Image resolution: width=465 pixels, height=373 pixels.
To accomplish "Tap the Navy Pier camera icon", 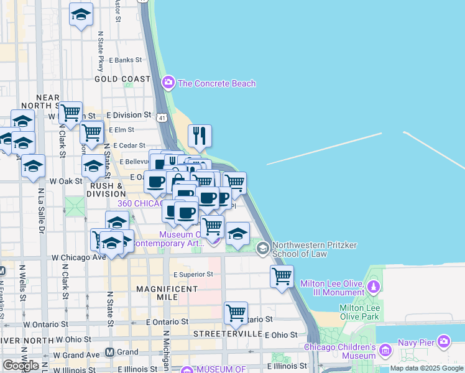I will click(443, 341).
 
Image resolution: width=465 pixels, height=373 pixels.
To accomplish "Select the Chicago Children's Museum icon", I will click(384, 352).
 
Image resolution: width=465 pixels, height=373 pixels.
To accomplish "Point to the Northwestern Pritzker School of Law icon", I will click(263, 249).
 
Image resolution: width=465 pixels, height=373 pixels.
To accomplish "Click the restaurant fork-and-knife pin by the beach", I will click(200, 136).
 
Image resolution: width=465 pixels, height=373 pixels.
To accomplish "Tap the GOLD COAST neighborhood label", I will click(122, 79).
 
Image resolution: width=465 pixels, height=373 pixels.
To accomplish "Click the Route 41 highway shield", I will click(162, 117).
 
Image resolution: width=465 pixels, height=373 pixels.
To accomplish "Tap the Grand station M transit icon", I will click(109, 352).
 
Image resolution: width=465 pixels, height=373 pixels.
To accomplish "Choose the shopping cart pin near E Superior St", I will click(282, 276).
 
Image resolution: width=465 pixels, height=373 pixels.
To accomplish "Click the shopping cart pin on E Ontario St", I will click(236, 313).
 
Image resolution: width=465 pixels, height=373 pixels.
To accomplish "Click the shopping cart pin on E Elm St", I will click(91, 132).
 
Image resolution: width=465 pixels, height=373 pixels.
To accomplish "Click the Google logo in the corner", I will click(21, 365).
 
